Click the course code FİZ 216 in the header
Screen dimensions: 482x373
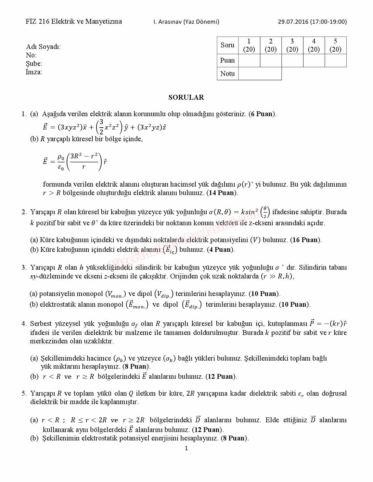(x=38, y=21)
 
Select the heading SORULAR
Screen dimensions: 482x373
(x=186, y=97)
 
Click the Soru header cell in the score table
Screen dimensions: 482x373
(x=227, y=45)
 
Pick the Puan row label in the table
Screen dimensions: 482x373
(x=227, y=60)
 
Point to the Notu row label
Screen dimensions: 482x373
(x=227, y=74)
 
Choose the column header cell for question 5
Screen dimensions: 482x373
(x=335, y=45)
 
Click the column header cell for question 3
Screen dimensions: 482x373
(x=292, y=45)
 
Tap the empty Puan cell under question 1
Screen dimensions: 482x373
(x=249, y=60)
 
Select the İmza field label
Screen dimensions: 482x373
(x=34, y=72)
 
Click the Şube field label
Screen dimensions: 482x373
(x=34, y=64)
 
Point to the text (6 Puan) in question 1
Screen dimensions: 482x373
(x=263, y=114)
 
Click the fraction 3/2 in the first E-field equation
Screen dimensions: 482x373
(x=101, y=127)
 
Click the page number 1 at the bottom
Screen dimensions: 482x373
(x=186, y=448)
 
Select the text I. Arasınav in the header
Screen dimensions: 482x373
(x=168, y=22)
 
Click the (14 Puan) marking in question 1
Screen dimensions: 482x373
(x=222, y=193)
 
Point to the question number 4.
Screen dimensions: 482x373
(x=24, y=324)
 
